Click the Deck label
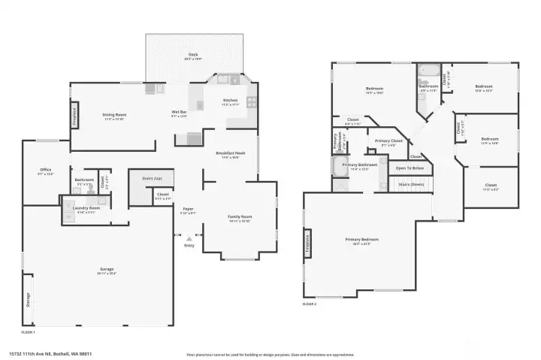click(193, 54)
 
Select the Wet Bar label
click(179, 112)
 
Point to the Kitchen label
click(231, 101)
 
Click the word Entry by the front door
click(189, 245)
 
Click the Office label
click(46, 170)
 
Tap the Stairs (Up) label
click(152, 178)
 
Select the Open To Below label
click(410, 168)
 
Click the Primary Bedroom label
click(361, 239)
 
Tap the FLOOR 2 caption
click(310, 304)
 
